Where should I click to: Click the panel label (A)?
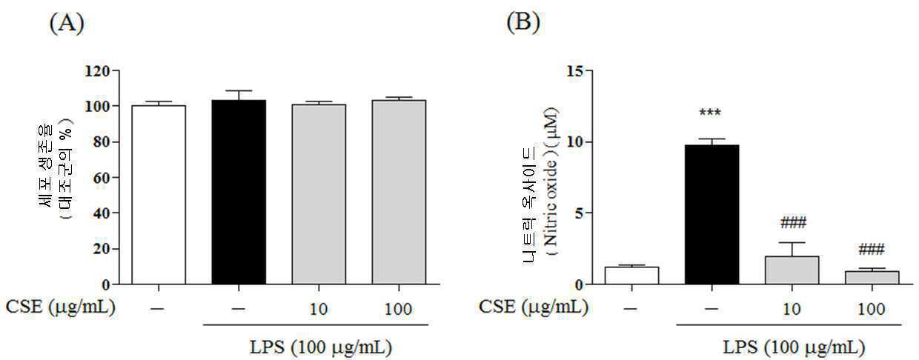[x=67, y=24]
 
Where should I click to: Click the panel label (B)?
[x=523, y=22]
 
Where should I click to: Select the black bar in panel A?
[x=239, y=192]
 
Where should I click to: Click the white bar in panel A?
[x=159, y=195]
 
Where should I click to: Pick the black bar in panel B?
[x=711, y=214]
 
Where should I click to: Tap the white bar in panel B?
[x=631, y=276]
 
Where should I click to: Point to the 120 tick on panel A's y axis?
[x=97, y=71]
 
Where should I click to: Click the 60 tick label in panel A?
[x=102, y=178]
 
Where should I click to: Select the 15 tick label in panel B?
[x=575, y=71]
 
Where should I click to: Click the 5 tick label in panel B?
[x=580, y=213]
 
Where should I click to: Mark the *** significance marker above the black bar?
[x=710, y=113]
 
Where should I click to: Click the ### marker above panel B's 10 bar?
[x=793, y=223]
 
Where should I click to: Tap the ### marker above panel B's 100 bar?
[x=872, y=250]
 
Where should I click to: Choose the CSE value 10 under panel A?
[x=318, y=309]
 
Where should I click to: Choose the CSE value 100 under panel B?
[x=871, y=309]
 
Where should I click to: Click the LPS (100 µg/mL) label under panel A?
[x=321, y=347]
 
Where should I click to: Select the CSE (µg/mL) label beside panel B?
[x=534, y=306]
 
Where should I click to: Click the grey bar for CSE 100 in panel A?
[x=399, y=192]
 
